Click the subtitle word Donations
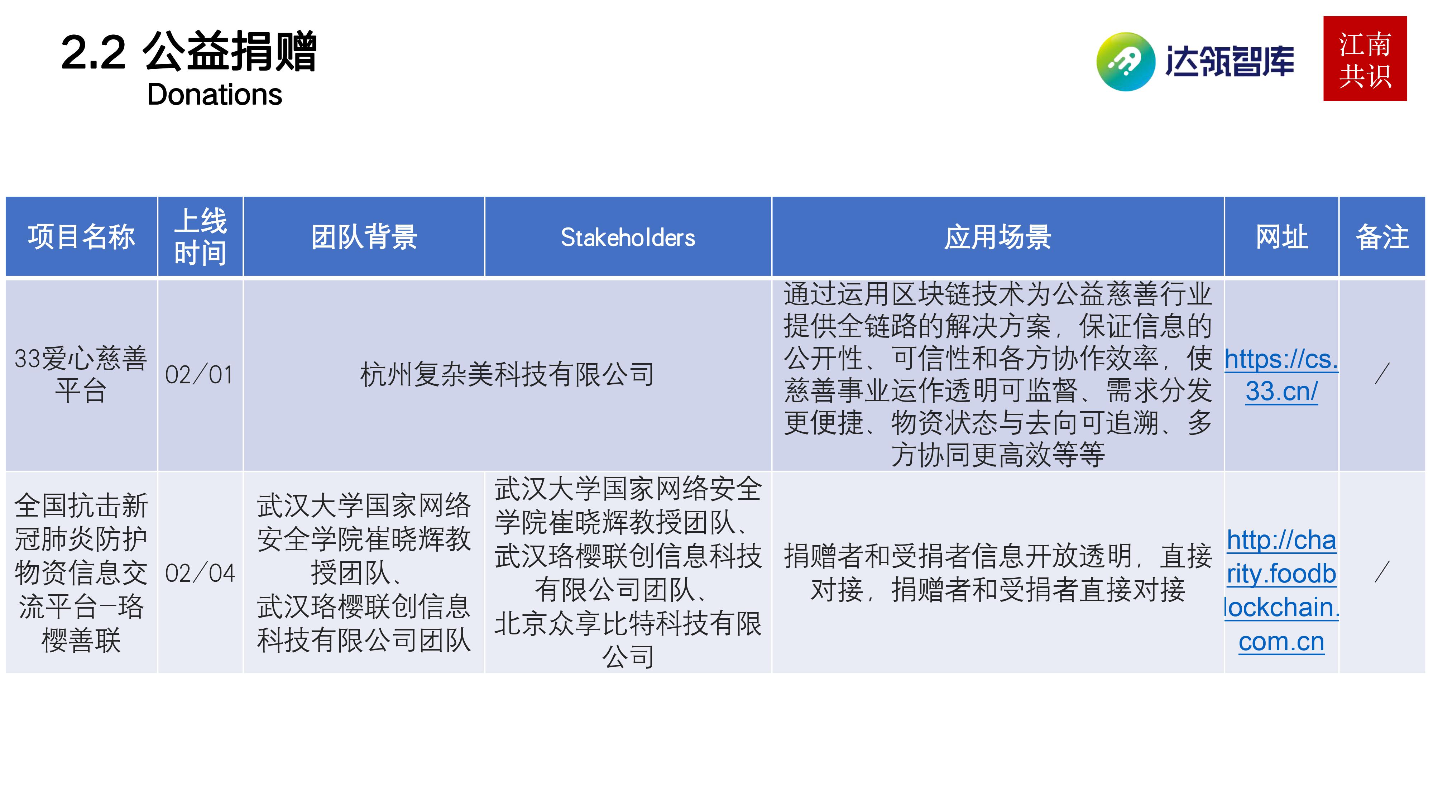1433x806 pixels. tap(214, 95)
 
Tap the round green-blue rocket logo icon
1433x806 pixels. tap(1125, 61)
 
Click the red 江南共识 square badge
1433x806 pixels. tap(1365, 59)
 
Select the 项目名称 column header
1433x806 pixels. tap(81, 237)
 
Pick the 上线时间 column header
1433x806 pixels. tap(200, 237)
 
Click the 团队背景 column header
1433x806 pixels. tap(364, 237)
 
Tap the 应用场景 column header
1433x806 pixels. tap(997, 237)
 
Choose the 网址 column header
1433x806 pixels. tap(1281, 237)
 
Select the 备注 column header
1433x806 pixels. tap(1382, 237)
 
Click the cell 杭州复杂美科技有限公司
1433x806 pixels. tap(507, 374)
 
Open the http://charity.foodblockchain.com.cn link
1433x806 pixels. tap(1281, 590)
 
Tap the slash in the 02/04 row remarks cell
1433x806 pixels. tap(1382, 572)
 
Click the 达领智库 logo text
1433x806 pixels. tap(1230, 61)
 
